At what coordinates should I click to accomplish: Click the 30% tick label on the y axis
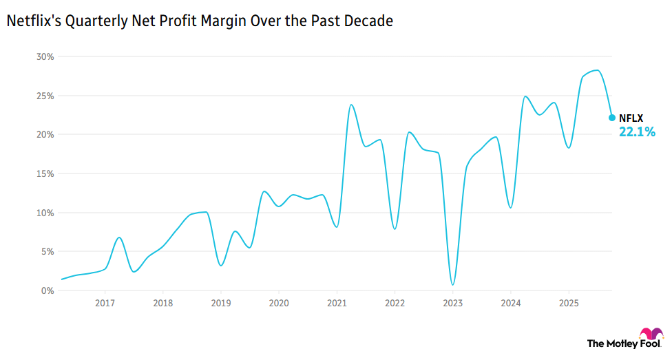pos(45,56)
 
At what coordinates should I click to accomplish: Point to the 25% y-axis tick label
pos(45,96)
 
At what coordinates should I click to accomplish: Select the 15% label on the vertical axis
pos(45,173)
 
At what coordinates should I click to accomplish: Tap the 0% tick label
pos(47,290)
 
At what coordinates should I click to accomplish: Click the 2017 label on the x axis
pos(105,304)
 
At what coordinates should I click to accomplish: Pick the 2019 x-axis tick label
pos(220,304)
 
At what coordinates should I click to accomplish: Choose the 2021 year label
pos(337,304)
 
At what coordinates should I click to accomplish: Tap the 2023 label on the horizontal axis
pos(452,304)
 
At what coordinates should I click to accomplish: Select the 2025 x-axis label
pos(568,304)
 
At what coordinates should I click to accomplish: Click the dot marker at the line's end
pos(611,118)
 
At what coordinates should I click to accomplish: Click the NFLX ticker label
pos(631,118)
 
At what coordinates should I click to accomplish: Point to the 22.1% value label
pos(636,131)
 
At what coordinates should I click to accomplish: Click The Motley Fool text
pos(618,343)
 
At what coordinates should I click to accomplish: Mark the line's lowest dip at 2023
pos(452,284)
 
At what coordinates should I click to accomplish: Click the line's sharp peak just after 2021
pos(351,105)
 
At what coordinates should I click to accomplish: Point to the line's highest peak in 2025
pos(596,70)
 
